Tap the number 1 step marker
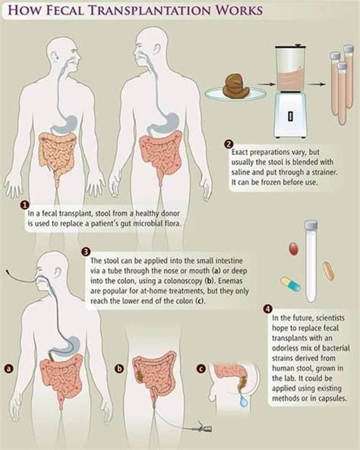pos(25,205)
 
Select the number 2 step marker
pos(229,144)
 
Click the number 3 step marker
pos(87,252)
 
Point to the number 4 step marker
pos(267,309)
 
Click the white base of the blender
pos(290,115)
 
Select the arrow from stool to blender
pos(264,84)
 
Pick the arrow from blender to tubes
pos(317,84)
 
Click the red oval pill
pos(293,249)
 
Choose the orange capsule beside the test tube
pos(328,271)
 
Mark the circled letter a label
pos(9,368)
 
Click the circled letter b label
pos(119,368)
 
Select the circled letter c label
pos(202,368)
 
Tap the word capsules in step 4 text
pos(330,398)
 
